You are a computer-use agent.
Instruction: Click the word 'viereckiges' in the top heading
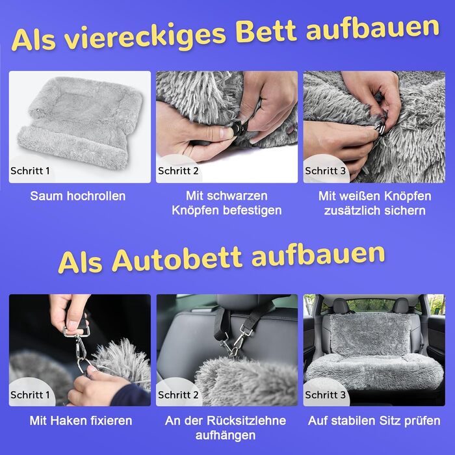pyautogui.click(x=145, y=36)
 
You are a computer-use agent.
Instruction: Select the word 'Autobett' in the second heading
pyautogui.click(x=176, y=259)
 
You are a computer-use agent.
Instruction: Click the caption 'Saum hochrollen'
pyautogui.click(x=78, y=196)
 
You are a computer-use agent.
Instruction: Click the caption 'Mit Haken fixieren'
pyautogui.click(x=81, y=421)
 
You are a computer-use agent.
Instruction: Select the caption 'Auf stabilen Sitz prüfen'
pyautogui.click(x=374, y=421)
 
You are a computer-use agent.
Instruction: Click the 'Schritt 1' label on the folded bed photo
pyautogui.click(x=30, y=170)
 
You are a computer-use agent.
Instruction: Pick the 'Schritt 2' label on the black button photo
pyautogui.click(x=178, y=170)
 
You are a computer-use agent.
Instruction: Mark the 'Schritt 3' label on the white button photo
pyautogui.click(x=325, y=170)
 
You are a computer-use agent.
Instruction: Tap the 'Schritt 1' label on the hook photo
pyautogui.click(x=30, y=395)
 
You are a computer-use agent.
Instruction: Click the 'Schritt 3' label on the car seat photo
pyautogui.click(x=325, y=395)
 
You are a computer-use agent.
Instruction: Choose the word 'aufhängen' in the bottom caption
pyautogui.click(x=226, y=435)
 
